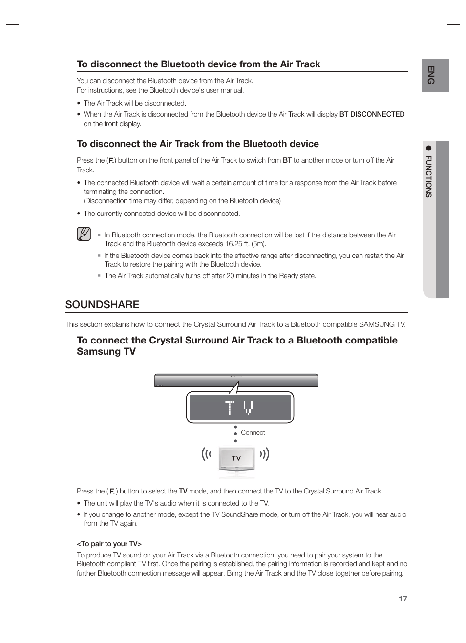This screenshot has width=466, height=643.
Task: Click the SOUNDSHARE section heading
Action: click(102, 304)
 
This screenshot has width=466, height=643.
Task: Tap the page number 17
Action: click(402, 599)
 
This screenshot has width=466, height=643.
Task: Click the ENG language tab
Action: click(430, 75)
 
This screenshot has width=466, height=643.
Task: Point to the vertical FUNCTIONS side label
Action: click(428, 176)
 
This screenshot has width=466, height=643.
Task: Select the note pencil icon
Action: click(84, 235)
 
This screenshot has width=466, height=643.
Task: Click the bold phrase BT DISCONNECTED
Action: click(372, 114)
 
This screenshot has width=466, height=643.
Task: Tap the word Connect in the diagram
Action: click(253, 433)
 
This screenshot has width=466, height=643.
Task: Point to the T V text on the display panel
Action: click(239, 407)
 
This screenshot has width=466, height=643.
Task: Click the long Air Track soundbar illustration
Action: click(236, 380)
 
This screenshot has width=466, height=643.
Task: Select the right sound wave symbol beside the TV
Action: click(265, 455)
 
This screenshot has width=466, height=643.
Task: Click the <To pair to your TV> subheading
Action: click(109, 544)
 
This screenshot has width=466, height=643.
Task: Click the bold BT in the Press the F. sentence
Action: click(287, 160)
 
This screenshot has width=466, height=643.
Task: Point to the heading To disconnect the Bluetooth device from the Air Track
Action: click(198, 64)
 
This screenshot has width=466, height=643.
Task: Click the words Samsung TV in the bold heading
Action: click(106, 352)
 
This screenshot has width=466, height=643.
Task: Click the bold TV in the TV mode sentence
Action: click(183, 491)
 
